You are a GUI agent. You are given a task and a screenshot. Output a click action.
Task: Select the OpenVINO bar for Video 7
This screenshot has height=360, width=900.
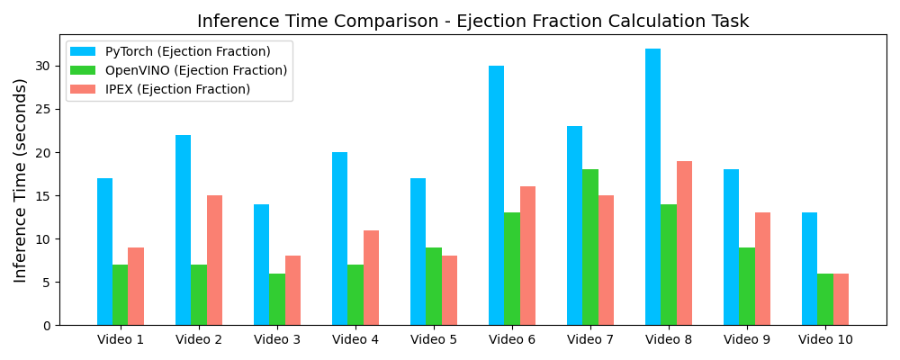point(590,247)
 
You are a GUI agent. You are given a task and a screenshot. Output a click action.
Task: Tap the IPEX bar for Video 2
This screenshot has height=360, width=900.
point(214,260)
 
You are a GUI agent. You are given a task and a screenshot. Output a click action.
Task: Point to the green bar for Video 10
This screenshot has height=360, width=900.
point(825,300)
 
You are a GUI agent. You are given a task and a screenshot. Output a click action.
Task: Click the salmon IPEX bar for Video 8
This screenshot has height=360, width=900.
point(684,243)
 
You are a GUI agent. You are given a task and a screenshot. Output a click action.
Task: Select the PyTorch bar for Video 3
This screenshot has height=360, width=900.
point(261,265)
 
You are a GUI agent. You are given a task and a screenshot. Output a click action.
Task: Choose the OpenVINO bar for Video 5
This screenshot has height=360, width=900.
point(434,286)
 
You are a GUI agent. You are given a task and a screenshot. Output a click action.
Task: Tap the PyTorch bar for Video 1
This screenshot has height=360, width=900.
point(104,252)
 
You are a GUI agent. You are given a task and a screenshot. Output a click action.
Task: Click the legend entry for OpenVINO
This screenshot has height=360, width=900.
point(196,70)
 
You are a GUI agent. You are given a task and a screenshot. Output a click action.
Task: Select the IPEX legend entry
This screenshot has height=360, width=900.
point(177,89)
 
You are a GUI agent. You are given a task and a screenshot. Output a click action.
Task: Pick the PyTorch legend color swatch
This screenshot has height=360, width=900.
point(82,51)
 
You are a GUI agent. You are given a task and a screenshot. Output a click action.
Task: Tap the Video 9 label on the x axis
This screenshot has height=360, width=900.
point(747,339)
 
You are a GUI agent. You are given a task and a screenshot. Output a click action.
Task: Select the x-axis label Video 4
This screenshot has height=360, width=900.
point(355,339)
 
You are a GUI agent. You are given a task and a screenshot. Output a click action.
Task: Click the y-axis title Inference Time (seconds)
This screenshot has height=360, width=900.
point(21,180)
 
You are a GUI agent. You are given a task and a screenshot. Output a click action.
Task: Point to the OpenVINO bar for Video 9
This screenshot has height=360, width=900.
point(747,286)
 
